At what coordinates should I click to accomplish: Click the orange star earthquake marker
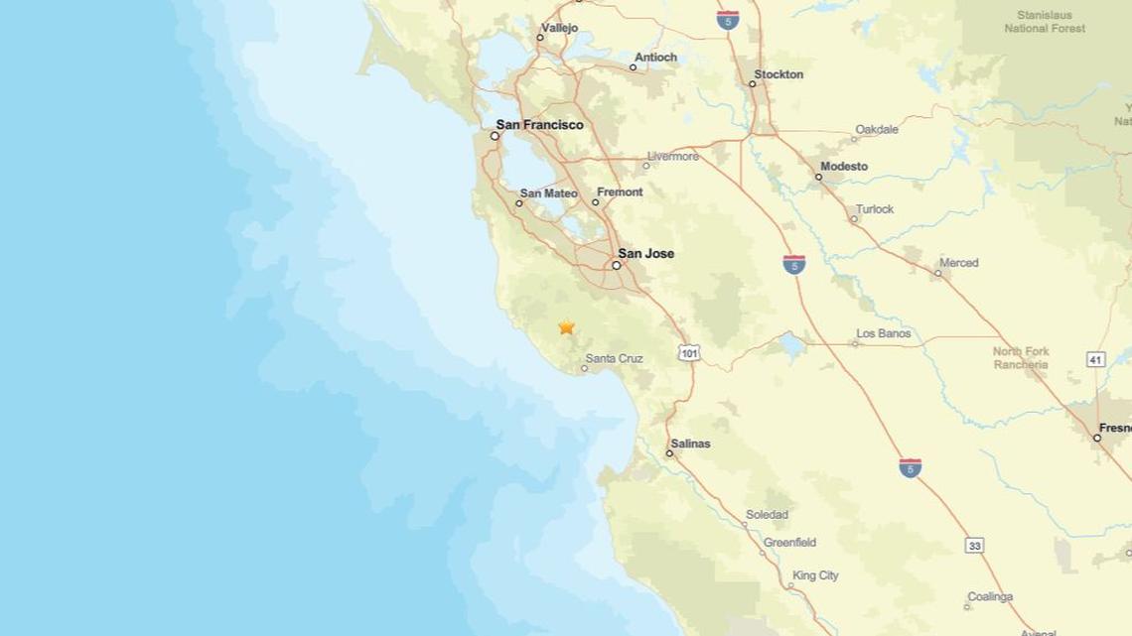tap(566, 326)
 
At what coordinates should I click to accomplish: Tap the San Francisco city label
tap(539, 125)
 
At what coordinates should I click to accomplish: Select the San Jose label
tap(645, 253)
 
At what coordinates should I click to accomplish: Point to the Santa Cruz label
tap(614, 358)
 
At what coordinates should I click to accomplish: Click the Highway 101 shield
tap(689, 353)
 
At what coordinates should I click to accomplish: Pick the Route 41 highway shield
tap(1095, 359)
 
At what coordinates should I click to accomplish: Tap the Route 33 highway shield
tap(974, 546)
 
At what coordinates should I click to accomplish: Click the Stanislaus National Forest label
tap(1045, 22)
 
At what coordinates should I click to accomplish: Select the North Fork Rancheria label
tap(1021, 358)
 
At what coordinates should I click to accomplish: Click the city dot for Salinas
tap(669, 453)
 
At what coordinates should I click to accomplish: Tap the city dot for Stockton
tap(752, 83)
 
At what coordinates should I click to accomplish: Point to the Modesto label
tap(844, 167)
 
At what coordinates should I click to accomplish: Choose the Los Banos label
tap(883, 333)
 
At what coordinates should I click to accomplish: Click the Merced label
tap(958, 263)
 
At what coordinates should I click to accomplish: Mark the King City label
tap(815, 575)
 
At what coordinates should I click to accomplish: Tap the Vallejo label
tap(559, 28)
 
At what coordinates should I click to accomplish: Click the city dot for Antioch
tap(633, 67)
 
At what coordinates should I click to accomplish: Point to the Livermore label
tap(672, 157)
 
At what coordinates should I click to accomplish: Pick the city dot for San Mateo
tap(518, 203)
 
